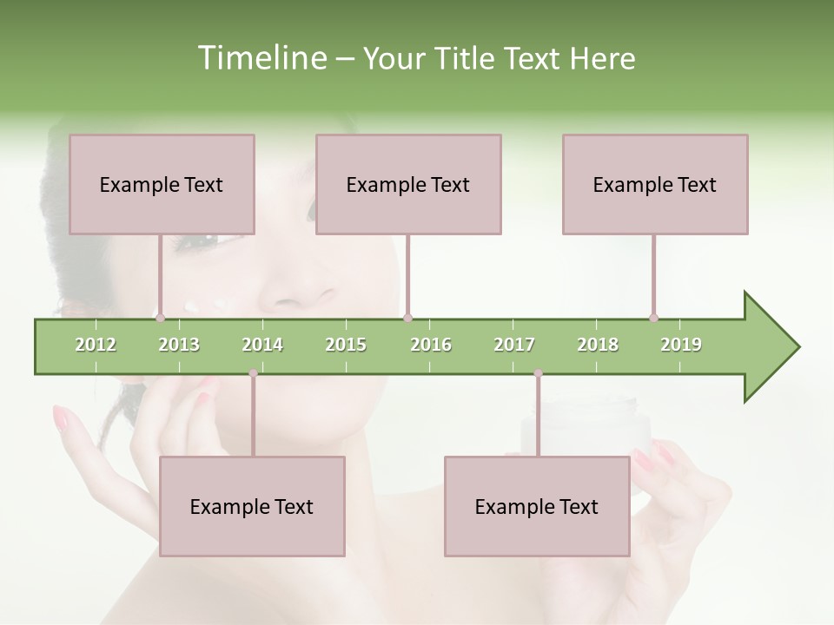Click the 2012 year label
click(x=96, y=345)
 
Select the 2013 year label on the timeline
click(x=179, y=345)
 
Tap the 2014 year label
click(x=262, y=345)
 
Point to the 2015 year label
click(x=346, y=345)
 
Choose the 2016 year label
click(x=431, y=345)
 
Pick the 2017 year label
click(x=514, y=345)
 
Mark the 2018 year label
click(x=598, y=345)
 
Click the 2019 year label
click(x=681, y=345)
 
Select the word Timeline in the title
click(x=261, y=58)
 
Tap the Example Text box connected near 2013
click(x=162, y=184)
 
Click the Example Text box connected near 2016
click(x=408, y=184)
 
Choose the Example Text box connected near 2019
click(x=655, y=184)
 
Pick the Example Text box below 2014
click(x=252, y=506)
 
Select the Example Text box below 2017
click(x=537, y=506)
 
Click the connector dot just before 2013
click(x=161, y=318)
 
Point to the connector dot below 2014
click(x=253, y=373)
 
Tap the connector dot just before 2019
click(x=654, y=318)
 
